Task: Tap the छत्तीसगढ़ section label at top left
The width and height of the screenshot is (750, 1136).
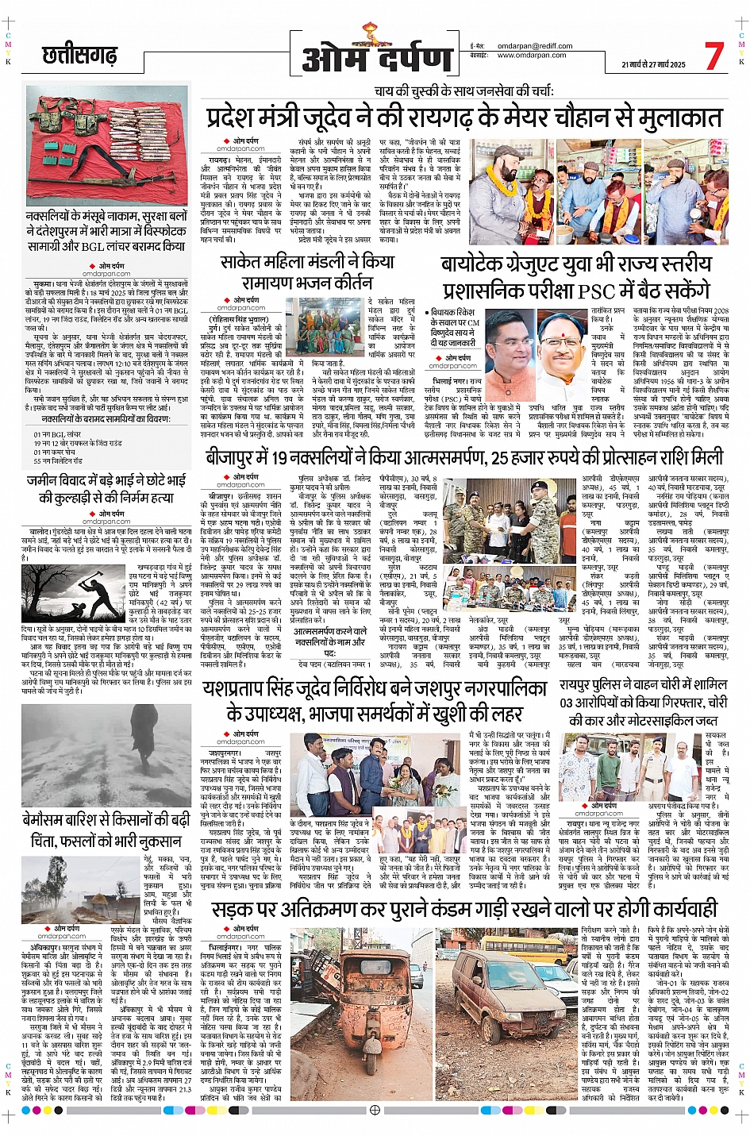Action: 79,56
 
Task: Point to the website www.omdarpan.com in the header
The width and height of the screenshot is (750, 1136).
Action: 532,55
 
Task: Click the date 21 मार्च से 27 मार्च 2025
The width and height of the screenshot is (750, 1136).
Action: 653,64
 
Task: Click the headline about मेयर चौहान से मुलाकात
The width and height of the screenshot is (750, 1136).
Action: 464,117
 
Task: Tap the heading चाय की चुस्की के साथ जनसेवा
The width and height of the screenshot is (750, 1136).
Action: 464,91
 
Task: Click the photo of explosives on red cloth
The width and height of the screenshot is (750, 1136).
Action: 106,144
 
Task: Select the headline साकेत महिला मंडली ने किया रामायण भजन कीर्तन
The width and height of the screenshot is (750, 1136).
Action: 306,271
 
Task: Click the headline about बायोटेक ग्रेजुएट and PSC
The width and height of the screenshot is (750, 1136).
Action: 576,275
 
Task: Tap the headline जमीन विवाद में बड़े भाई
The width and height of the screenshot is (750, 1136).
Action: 106,488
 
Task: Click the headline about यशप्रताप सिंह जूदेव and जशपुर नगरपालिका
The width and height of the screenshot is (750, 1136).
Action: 375,700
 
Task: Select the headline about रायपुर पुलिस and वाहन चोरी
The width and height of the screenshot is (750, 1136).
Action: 643,702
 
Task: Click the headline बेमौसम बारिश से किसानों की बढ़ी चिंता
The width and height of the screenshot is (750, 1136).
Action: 106,829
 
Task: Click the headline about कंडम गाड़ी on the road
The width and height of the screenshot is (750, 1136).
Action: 464,908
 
